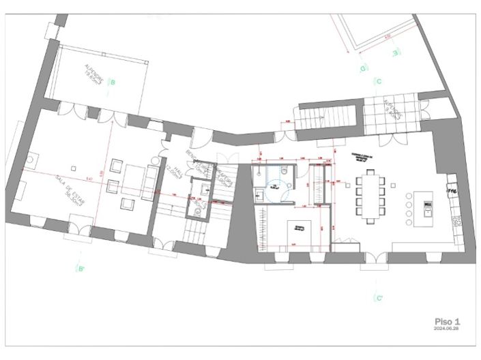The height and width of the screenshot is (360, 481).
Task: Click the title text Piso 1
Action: (448, 320)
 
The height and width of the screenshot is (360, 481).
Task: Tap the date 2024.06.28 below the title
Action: (448, 329)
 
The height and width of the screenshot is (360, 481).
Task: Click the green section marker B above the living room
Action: (113, 82)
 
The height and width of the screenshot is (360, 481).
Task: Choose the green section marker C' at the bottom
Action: (379, 299)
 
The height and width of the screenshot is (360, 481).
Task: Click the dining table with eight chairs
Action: (370, 194)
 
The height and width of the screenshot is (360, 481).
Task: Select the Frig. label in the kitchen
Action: (452, 192)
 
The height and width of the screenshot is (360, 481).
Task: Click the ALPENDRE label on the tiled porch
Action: (392, 110)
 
